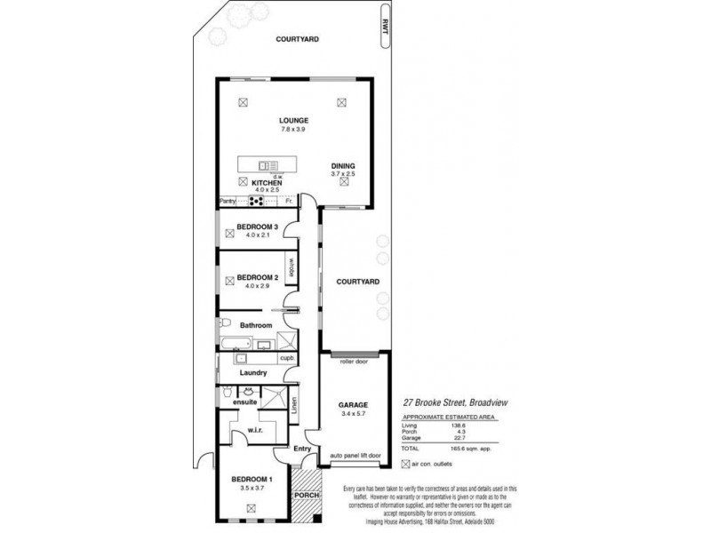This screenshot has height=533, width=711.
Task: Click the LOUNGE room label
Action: click(293, 120)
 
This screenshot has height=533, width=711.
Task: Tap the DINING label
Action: click(343, 166)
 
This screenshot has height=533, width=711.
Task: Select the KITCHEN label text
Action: click(267, 183)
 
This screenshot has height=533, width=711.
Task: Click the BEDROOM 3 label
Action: click(258, 227)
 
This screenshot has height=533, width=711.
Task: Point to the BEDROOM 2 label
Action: click(258, 277)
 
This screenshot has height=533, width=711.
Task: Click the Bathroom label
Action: click(255, 325)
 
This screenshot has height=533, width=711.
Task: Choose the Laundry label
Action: click(252, 373)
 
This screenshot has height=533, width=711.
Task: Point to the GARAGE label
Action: click(353, 404)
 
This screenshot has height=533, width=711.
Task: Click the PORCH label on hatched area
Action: click(306, 496)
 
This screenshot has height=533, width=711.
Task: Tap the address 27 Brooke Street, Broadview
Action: click(453, 402)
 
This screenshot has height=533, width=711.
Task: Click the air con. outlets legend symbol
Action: click(406, 464)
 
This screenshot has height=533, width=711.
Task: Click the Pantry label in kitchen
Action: click(228, 202)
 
